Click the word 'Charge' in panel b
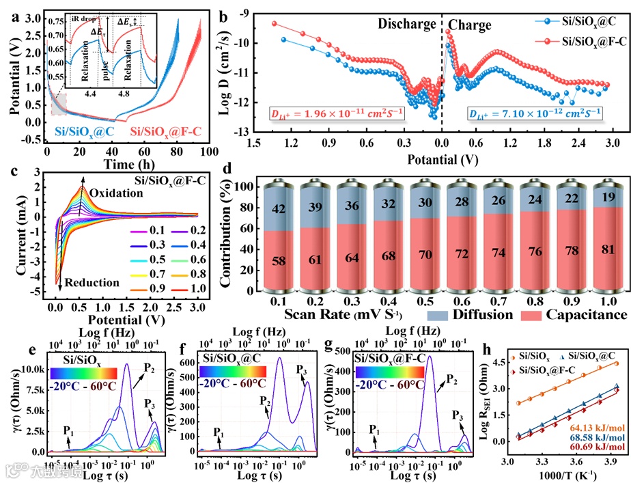tap(470, 25)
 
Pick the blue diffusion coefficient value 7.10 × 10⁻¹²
tap(535, 112)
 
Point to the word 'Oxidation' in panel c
tap(115, 193)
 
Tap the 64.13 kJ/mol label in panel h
tap(587, 428)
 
